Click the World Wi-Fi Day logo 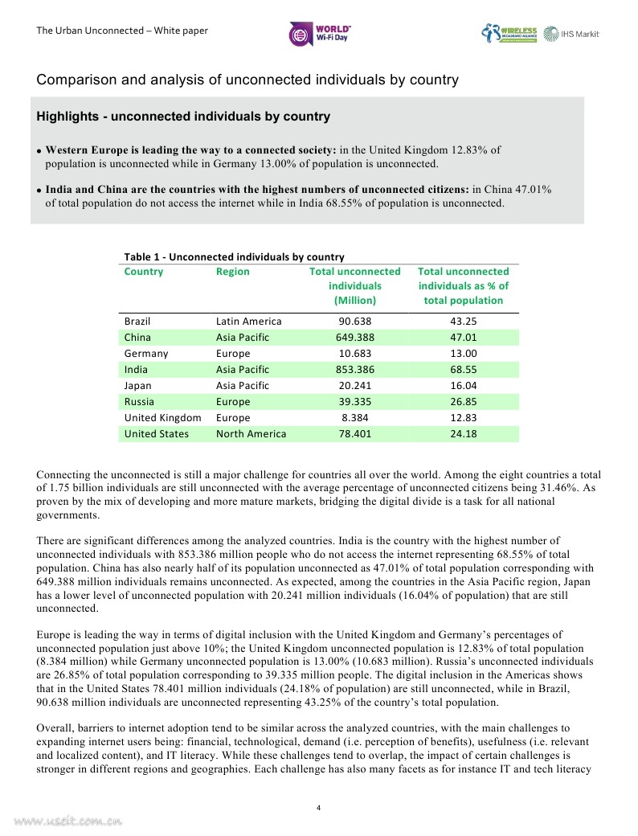click(320, 33)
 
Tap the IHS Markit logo click(571, 34)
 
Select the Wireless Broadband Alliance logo click(509, 34)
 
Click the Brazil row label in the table click(137, 322)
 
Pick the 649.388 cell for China click(354, 338)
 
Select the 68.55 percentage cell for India click(463, 370)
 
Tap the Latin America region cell click(249, 322)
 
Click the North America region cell click(251, 434)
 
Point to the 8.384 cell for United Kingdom click(354, 418)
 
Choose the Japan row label click(137, 386)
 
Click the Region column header click(232, 272)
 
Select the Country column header click(143, 272)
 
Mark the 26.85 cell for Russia click(463, 402)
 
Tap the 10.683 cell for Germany click(354, 354)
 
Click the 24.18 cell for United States click(463, 434)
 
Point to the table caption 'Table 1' click(234, 257)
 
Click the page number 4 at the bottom click(319, 807)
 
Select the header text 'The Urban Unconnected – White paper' click(122, 31)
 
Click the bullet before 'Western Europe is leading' click(39, 151)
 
